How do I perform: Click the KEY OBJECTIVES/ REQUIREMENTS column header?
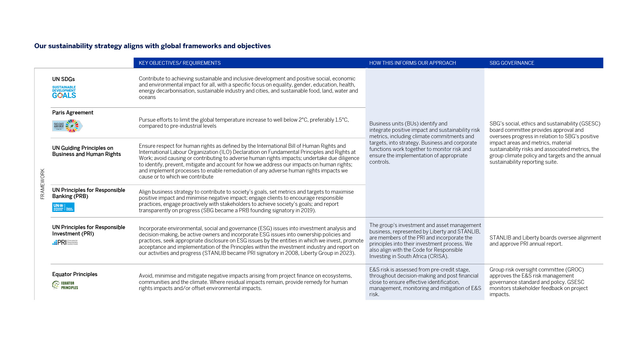pos(179,63)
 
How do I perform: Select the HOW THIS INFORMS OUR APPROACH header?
pos(412,63)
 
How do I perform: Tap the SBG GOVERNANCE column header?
pos(512,63)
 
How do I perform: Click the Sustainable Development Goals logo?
pos(64,92)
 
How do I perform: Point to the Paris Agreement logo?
pos(67,126)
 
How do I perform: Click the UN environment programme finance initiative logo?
pos(63,207)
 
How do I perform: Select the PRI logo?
pos(65,242)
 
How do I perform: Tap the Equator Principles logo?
pos(65,285)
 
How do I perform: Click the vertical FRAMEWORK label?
pos(43,184)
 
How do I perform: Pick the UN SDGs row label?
pos(63,79)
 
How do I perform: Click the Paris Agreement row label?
pos(73,113)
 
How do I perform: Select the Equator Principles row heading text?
pos(75,274)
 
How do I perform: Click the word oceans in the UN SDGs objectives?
pos(147,97)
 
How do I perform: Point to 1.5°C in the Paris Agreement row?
pos(341,120)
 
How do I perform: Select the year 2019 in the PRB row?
pos(307,210)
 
